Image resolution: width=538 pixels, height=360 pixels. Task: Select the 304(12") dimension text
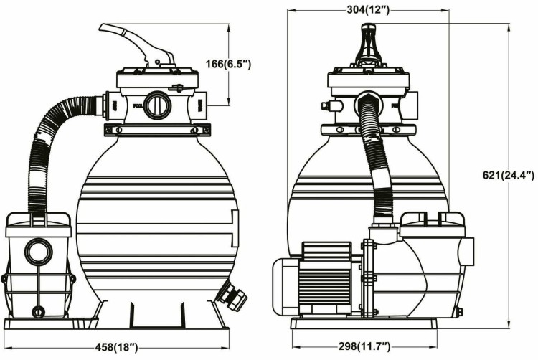coord(368,10)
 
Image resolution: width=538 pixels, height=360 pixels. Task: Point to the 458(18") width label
coord(118,348)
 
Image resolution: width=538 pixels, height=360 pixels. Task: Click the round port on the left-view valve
coord(157,107)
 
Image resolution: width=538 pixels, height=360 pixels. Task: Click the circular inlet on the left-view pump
coord(38,252)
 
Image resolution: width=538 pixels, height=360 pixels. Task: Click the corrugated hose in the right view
coord(376,158)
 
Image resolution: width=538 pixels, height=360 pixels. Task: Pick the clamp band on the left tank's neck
coord(157,131)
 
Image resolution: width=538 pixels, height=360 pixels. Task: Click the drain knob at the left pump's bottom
coord(38,311)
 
